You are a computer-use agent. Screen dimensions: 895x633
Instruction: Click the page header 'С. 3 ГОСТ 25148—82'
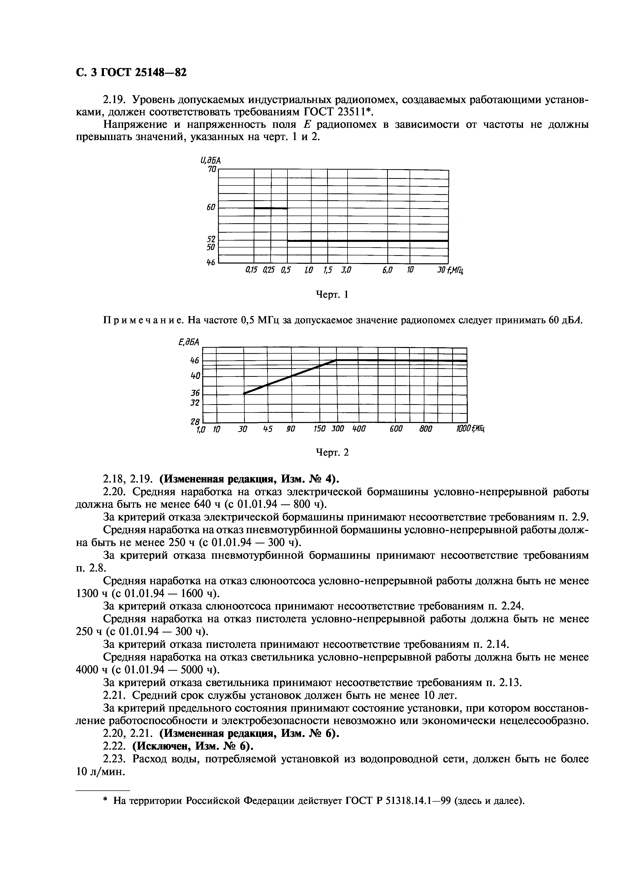(x=131, y=72)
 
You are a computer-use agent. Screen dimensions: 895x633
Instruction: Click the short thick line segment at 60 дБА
(x=271, y=208)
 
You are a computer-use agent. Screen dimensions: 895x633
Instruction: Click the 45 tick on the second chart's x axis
(x=267, y=429)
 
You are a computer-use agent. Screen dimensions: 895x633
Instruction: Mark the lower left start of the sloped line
(x=244, y=393)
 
